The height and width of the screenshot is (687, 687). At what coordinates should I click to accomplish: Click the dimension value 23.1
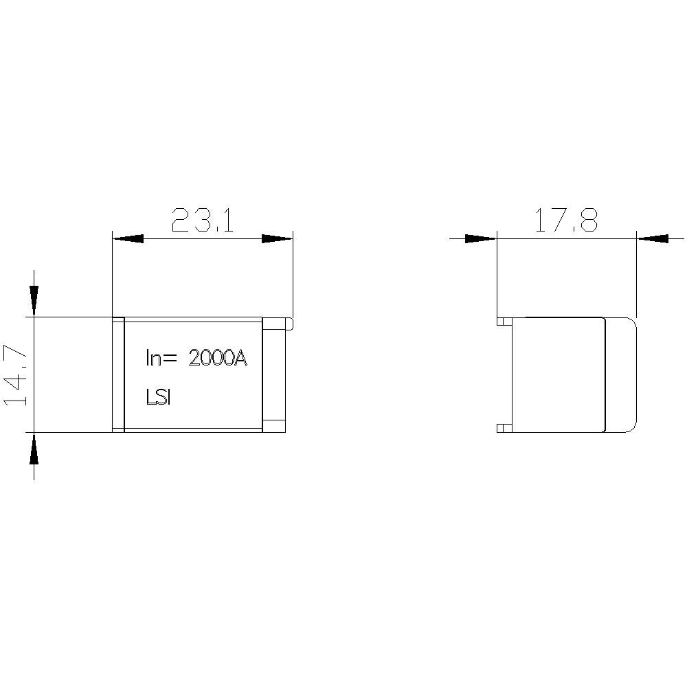click(203, 221)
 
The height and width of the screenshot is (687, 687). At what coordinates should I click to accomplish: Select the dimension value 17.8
click(566, 221)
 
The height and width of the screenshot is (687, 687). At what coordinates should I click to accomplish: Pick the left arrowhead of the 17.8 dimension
click(480, 238)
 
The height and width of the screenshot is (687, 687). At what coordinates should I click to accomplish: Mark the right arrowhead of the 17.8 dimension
click(652, 238)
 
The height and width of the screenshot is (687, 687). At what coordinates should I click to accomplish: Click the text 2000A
click(216, 358)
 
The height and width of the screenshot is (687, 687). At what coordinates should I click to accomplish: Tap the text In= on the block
click(161, 358)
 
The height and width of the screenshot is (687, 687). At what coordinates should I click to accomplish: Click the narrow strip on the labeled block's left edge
click(117, 374)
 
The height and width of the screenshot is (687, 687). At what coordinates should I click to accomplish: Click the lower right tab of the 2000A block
click(275, 425)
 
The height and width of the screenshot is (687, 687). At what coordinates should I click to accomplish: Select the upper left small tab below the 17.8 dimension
click(504, 321)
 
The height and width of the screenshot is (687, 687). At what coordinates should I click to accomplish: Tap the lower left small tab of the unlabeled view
click(504, 427)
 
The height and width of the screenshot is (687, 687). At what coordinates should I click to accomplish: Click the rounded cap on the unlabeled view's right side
click(621, 374)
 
